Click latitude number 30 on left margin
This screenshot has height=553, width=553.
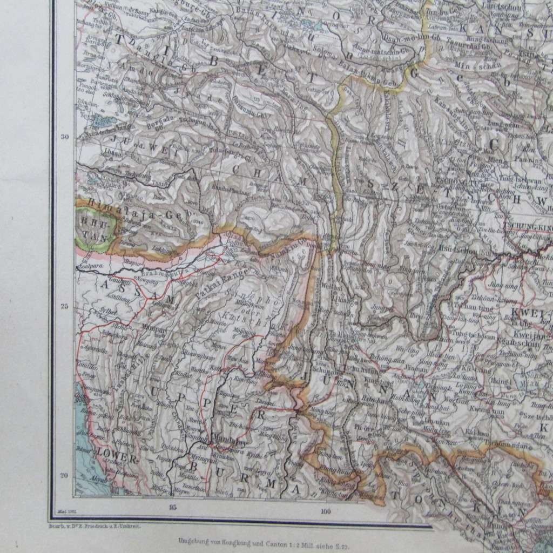coord(65,137)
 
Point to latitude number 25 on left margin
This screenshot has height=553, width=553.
coord(65,307)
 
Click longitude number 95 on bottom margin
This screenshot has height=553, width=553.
coord(172,507)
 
